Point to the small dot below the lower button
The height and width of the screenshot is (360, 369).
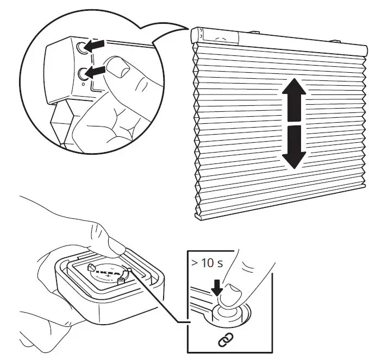click(x=81, y=84)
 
